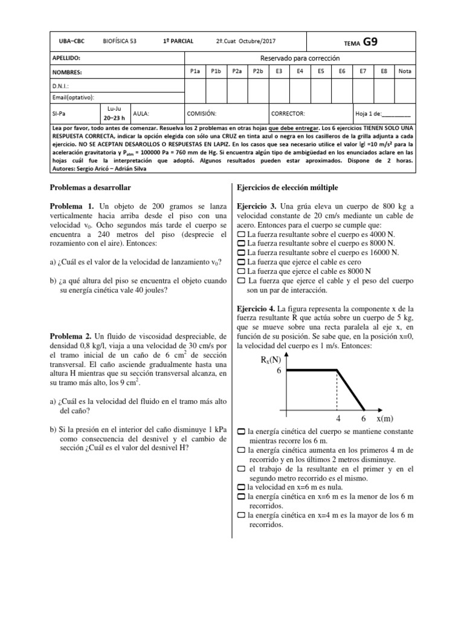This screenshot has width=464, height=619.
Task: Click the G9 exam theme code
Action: point(371,42)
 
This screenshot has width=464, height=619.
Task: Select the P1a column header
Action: point(195,71)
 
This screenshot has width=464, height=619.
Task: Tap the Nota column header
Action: point(405,71)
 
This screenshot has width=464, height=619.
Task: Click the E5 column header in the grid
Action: point(321,71)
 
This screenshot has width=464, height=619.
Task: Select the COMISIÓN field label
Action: point(202,113)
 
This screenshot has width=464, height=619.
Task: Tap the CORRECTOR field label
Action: point(288,113)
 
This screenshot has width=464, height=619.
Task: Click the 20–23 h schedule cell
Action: point(114,118)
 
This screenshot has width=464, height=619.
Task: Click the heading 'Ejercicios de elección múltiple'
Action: point(288,188)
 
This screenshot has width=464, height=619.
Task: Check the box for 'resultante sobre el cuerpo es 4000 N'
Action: point(241,233)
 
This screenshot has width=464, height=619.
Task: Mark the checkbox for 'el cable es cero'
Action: point(241,262)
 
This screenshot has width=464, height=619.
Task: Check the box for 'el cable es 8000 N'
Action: point(241,272)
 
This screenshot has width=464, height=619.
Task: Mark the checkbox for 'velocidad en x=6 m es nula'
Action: point(241,487)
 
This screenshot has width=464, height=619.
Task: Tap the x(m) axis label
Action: point(385,419)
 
